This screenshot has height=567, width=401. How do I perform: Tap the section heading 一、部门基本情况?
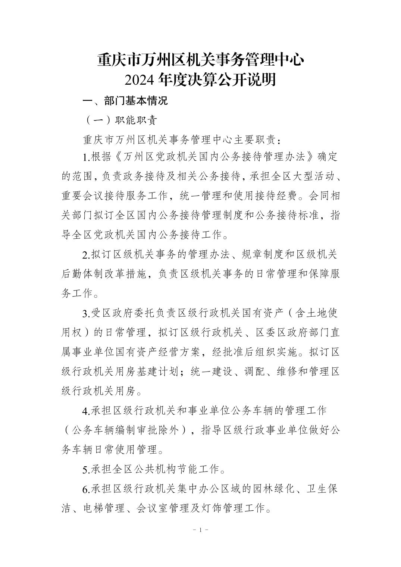pos(125,101)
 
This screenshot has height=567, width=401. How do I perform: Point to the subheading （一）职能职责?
pos(121,120)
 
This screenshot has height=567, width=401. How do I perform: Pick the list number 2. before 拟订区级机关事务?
pos(86,255)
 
